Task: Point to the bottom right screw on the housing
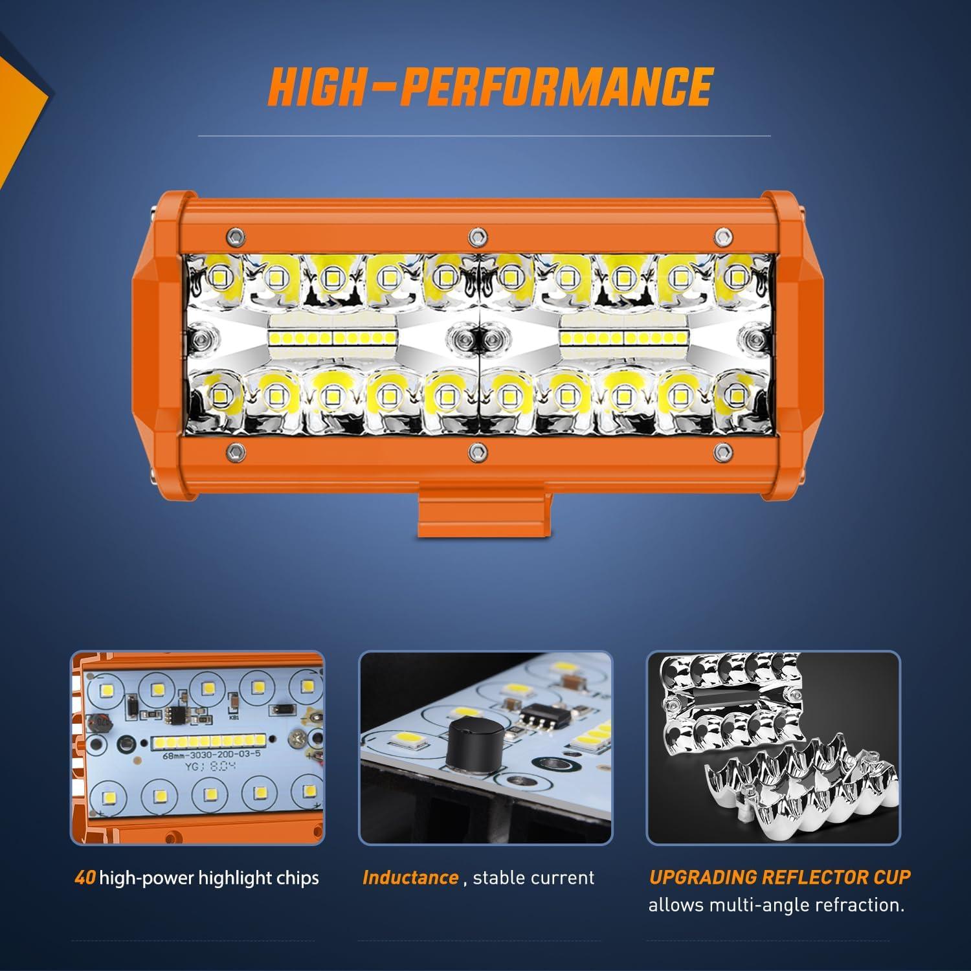click(x=720, y=449)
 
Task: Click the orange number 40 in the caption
click(x=85, y=878)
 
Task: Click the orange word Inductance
click(x=410, y=878)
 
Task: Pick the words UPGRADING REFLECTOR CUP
click(x=779, y=877)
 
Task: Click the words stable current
click(x=533, y=878)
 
